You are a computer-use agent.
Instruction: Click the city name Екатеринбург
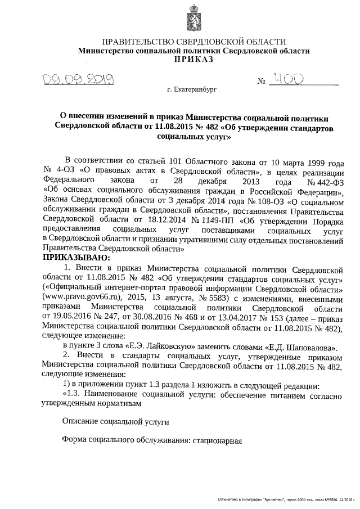(195, 89)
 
